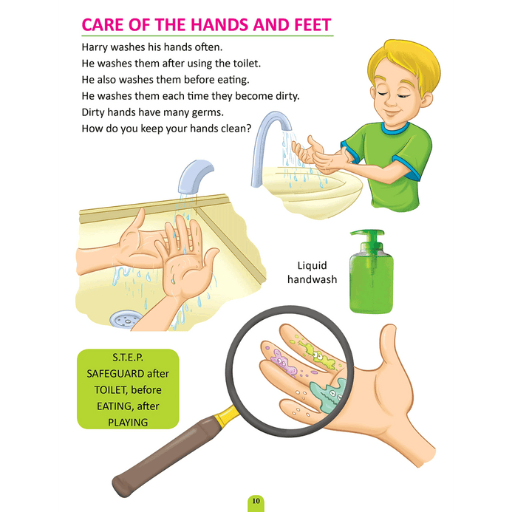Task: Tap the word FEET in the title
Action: (313, 25)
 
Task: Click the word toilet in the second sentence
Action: (247, 63)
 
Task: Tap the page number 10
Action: (256, 501)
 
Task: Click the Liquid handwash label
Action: (313, 273)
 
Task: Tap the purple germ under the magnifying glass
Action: (284, 363)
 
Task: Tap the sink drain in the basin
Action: (126, 318)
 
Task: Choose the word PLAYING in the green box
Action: (128, 423)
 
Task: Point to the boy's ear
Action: (426, 100)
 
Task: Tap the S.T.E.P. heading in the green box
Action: (128, 358)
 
